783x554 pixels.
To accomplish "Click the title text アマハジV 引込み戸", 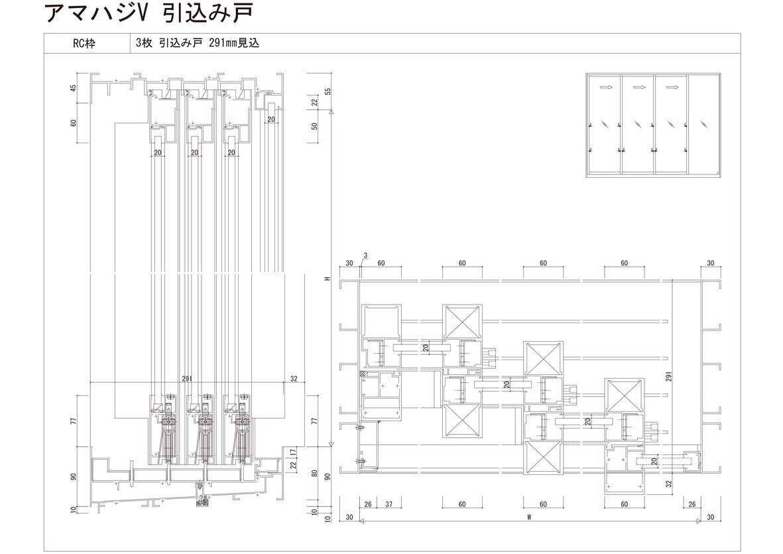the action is [x=149, y=13].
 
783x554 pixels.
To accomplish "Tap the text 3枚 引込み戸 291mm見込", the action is [x=198, y=44].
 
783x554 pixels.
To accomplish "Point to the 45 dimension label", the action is [x=74, y=88].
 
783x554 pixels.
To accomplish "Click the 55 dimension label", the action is [x=328, y=92].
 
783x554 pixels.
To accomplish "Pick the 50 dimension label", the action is [x=315, y=126].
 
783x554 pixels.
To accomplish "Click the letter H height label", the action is [x=328, y=279].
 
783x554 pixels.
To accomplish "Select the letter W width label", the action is [x=529, y=518].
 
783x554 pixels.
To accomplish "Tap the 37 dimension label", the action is [x=389, y=504].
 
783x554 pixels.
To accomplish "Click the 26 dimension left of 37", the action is [x=368, y=504].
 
